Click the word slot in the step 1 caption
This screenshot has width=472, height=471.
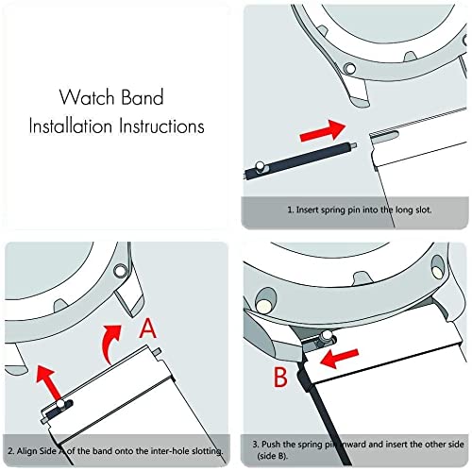click(413, 211)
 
